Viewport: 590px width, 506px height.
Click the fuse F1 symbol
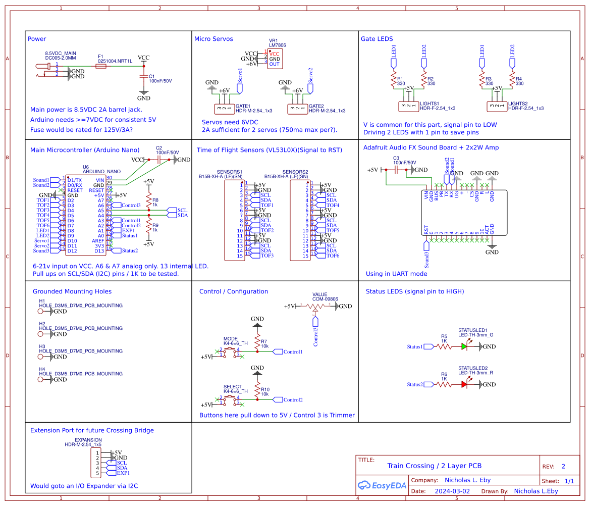(x=108, y=66)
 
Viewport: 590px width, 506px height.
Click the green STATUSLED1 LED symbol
(x=464, y=346)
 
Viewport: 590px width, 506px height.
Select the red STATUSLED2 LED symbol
(x=464, y=384)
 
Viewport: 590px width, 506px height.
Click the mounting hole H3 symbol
(x=41, y=357)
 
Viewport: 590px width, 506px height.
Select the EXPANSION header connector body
(x=97, y=463)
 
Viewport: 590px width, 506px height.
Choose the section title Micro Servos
(x=213, y=39)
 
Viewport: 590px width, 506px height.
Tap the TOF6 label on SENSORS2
(x=333, y=256)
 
